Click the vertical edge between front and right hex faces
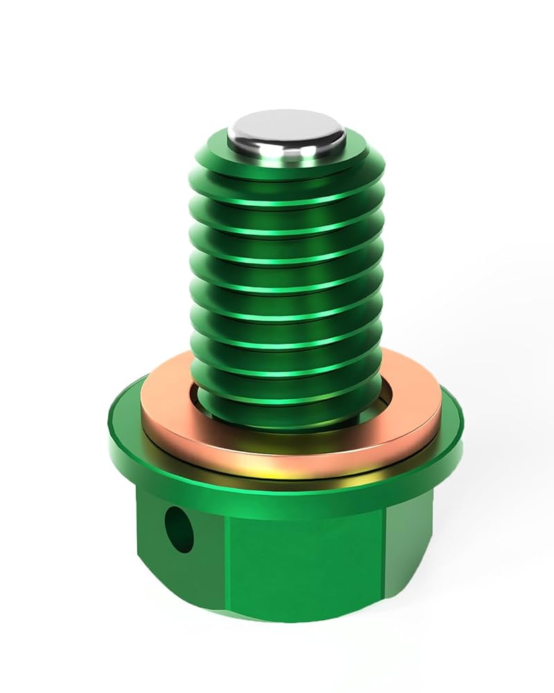[384, 554]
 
